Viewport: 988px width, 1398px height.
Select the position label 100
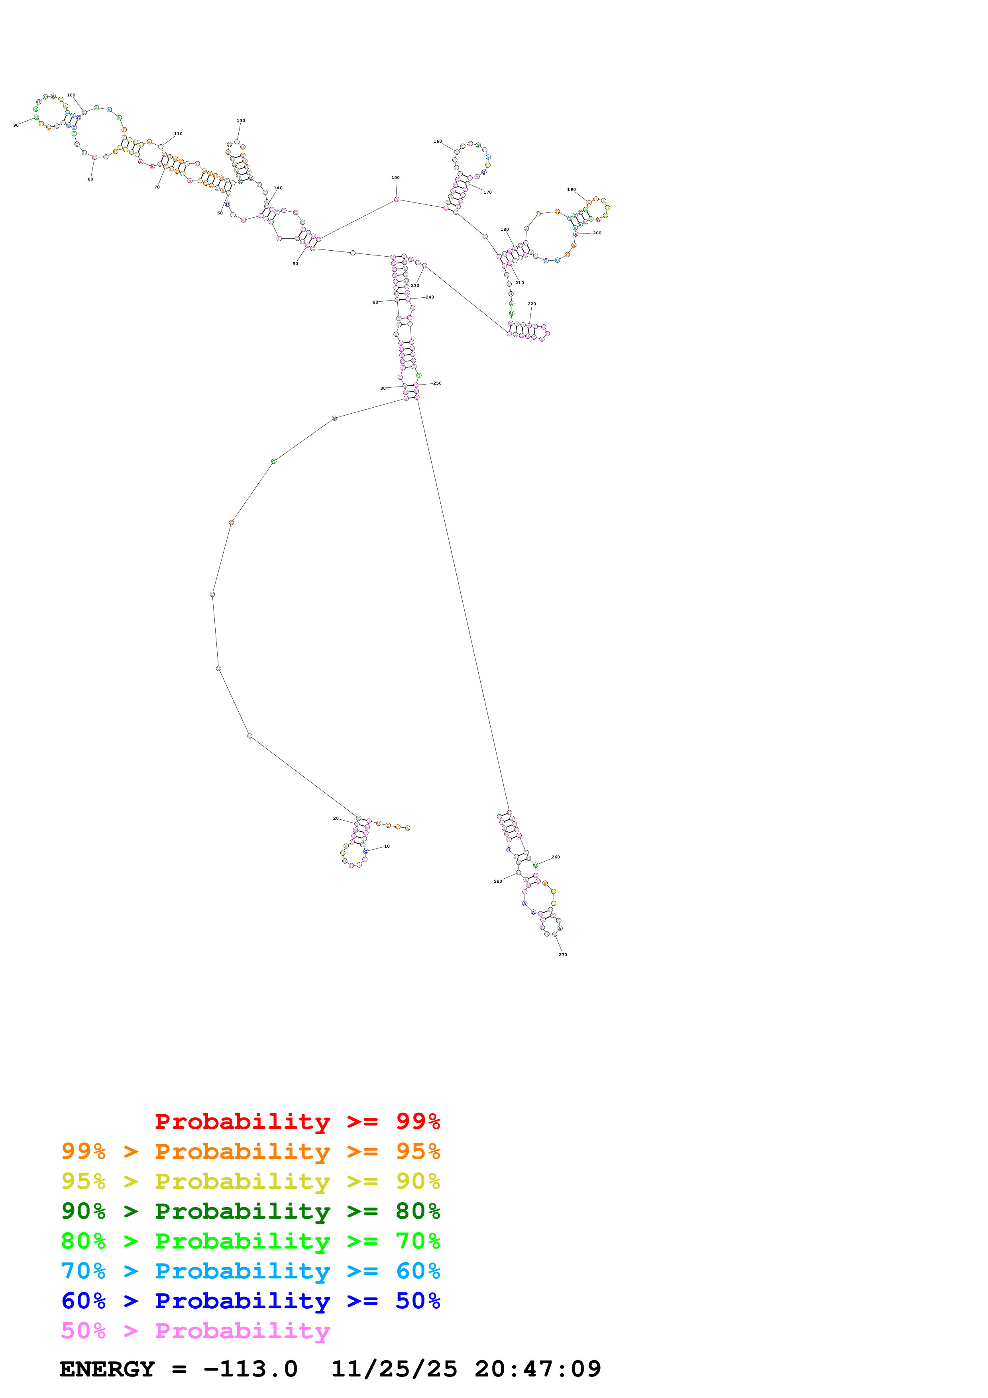point(71,95)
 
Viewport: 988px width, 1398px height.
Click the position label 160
point(437,141)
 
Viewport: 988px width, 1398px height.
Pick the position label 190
point(571,189)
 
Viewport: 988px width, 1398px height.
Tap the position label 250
point(437,383)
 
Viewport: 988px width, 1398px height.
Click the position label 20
point(336,818)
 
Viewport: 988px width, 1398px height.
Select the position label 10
point(387,846)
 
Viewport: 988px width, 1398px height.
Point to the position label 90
point(16,125)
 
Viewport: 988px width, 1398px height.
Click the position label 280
point(497,881)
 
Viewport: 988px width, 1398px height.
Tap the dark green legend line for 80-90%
point(250,1211)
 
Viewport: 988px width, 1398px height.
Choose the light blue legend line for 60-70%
point(250,1271)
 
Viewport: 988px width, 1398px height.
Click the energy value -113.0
point(250,1369)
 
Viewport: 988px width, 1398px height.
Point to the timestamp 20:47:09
point(538,1369)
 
